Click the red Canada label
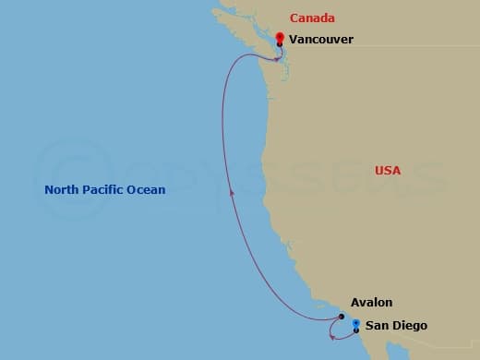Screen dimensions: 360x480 pyautogui.click(x=312, y=18)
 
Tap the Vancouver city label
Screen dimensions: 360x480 pyautogui.click(x=320, y=40)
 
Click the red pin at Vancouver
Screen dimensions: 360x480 pyautogui.click(x=280, y=37)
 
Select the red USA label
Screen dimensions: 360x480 pyautogui.click(x=389, y=170)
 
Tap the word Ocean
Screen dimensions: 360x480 pyautogui.click(x=148, y=190)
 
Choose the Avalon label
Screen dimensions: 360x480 pyautogui.click(x=371, y=302)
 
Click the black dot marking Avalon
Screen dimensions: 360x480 pyautogui.click(x=342, y=317)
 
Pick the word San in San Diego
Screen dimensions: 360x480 pyautogui.click(x=377, y=326)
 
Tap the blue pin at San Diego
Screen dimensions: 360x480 pyautogui.click(x=355, y=323)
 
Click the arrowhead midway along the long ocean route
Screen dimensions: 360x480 pyautogui.click(x=231, y=191)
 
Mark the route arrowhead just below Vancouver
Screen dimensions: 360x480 pyautogui.click(x=277, y=57)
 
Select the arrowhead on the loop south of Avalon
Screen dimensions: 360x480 pyautogui.click(x=332, y=335)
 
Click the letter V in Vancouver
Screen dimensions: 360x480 pyautogui.click(x=294, y=40)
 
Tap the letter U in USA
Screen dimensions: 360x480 pyautogui.click(x=379, y=170)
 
